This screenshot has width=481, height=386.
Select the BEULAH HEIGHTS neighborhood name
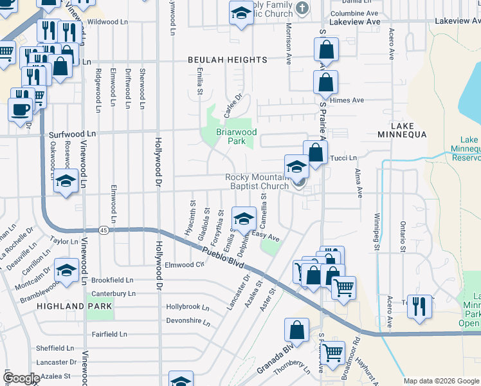(227, 60)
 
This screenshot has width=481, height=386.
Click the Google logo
(21, 378)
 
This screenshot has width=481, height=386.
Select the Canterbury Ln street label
(113, 293)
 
